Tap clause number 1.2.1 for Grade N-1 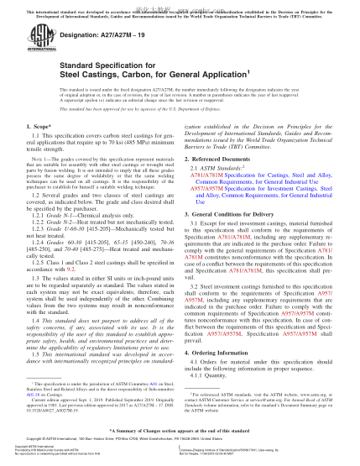(x=43, y=242)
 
